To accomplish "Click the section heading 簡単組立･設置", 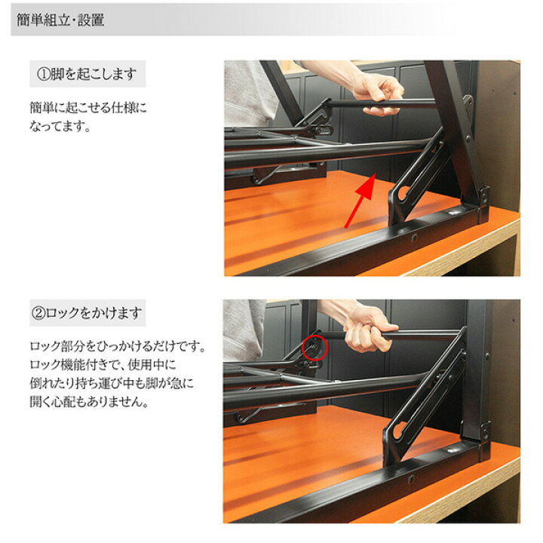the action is tap(60, 20).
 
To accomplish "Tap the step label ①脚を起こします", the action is tap(87, 74).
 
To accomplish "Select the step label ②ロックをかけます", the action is tap(87, 313).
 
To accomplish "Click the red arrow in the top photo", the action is tap(360, 201).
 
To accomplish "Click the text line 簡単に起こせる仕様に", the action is tap(88, 108).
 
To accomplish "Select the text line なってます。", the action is tap(60, 126).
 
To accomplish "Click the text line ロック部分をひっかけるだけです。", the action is tap(118, 346).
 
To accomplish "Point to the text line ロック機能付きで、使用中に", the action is tap(103, 365).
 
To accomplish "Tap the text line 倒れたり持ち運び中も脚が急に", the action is tap(112, 383).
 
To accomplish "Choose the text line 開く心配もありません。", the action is tap(89, 402).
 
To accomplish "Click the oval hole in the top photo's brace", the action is tap(403, 193).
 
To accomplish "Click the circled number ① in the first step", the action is tap(43, 75).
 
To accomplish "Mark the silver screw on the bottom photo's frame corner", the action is tap(450, 450).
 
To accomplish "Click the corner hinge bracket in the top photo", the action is tap(484, 204).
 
